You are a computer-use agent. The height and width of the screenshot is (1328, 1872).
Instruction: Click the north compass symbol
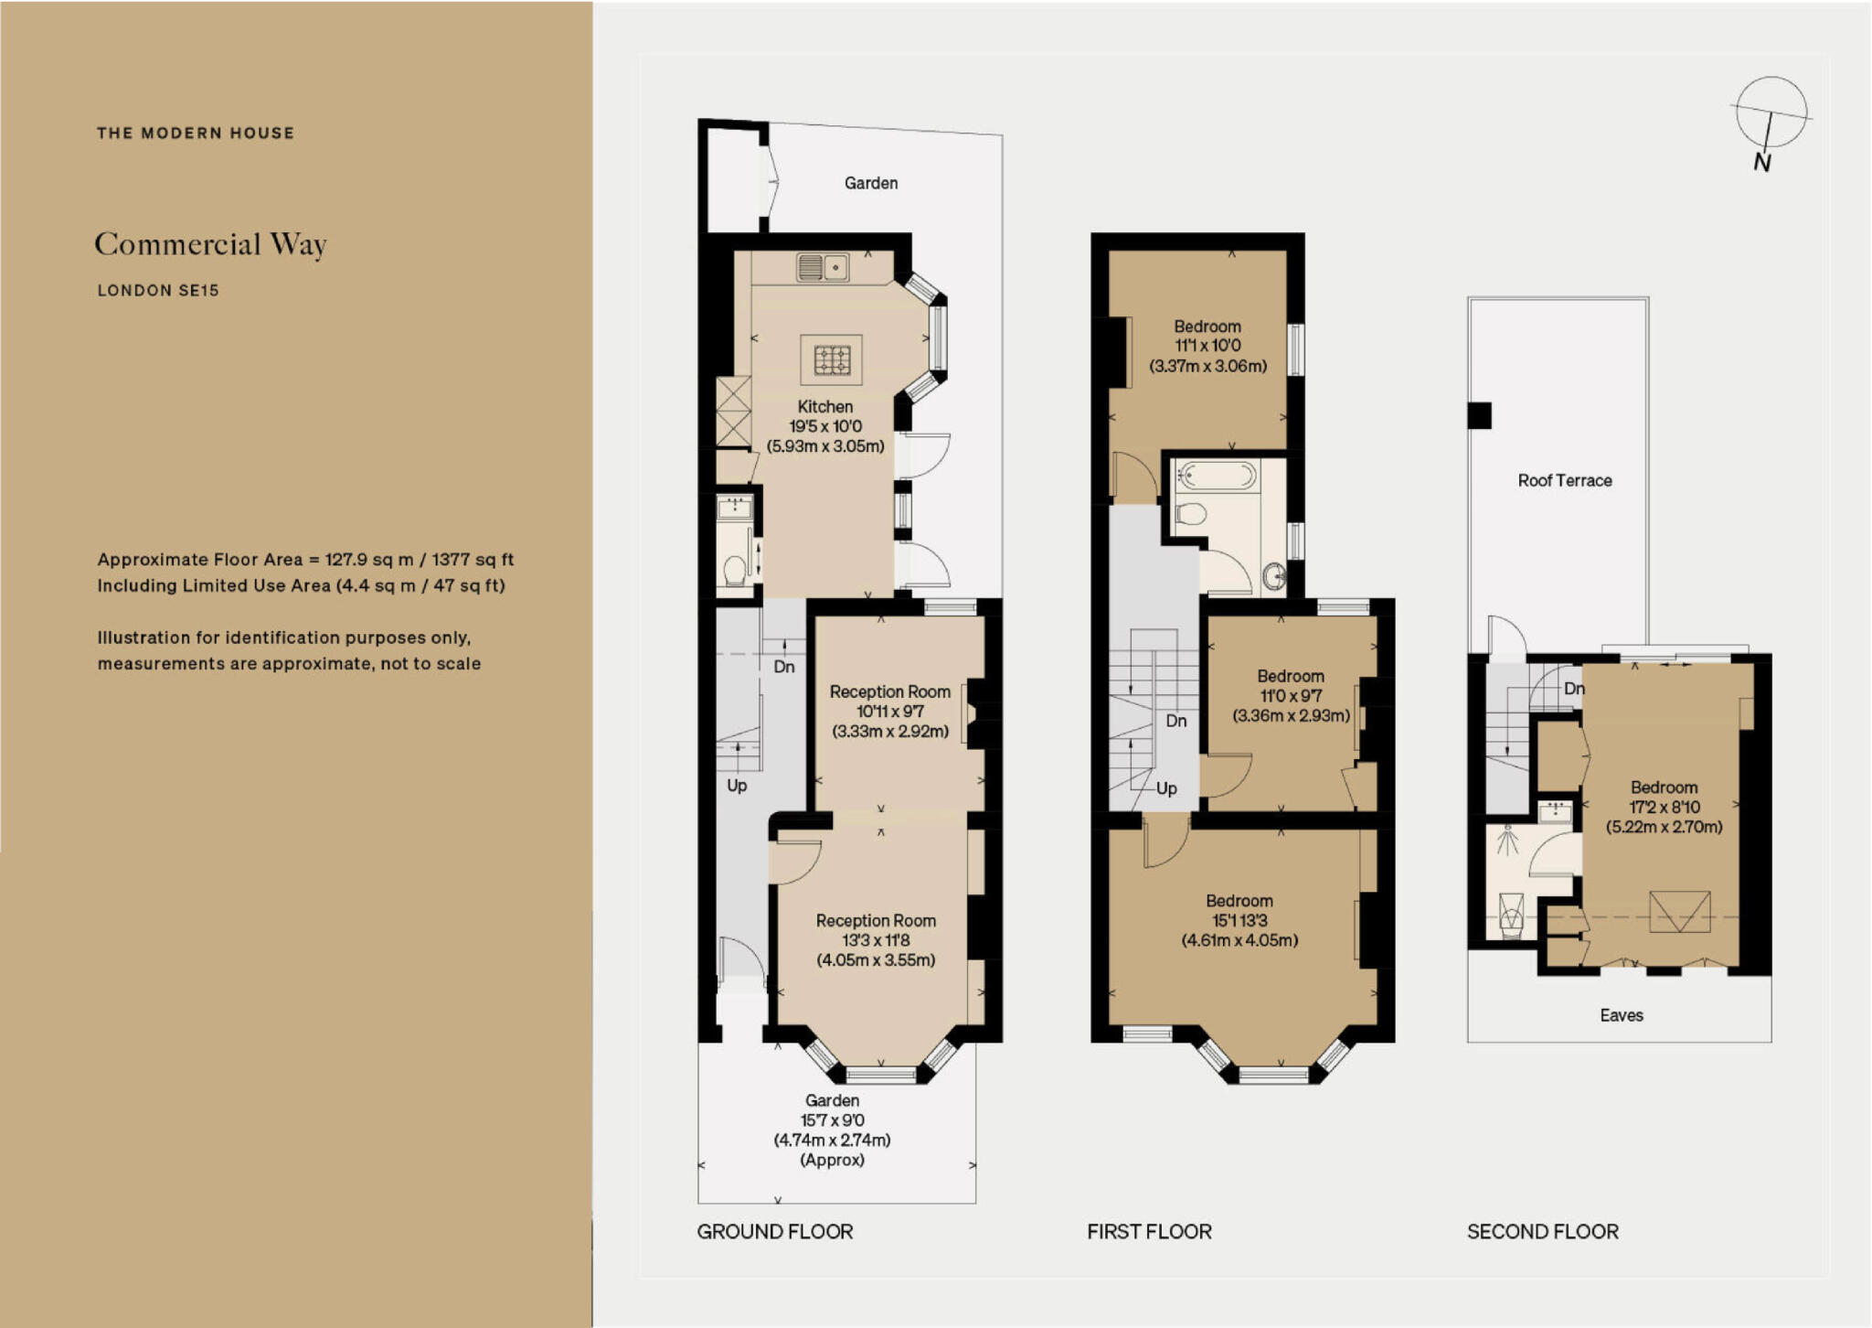tap(1771, 115)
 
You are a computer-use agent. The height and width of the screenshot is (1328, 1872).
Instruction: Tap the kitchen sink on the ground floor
tap(823, 267)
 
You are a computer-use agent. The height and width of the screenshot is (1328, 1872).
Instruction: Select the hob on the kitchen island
tap(832, 359)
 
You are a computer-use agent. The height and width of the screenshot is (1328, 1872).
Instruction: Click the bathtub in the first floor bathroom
tap(1217, 476)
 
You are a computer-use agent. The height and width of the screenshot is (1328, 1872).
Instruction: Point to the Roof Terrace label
tap(1564, 480)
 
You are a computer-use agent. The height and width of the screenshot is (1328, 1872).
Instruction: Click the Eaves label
tap(1621, 1014)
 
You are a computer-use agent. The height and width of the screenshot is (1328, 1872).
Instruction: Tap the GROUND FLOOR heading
tap(774, 1231)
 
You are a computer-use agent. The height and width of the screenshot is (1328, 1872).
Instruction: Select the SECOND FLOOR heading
tap(1542, 1231)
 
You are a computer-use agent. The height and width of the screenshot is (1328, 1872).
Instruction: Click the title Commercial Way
tap(210, 244)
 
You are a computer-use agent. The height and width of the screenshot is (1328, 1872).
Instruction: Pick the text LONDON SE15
tap(158, 290)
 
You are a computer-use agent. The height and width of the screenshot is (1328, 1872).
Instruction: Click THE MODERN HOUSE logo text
tap(196, 133)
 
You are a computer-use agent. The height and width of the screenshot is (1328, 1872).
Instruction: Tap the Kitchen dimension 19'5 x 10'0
tap(825, 426)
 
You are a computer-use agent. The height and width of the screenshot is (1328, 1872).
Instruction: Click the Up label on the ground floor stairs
tap(737, 785)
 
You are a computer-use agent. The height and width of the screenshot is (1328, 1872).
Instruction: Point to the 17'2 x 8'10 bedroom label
tap(1664, 807)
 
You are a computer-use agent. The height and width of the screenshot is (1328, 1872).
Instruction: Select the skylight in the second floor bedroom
tap(1679, 912)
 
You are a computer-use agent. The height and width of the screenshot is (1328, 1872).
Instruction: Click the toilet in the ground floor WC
tap(734, 572)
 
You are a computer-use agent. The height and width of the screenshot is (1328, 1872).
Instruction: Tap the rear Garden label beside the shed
tap(870, 183)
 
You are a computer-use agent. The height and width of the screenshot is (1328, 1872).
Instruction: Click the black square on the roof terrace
tap(1479, 415)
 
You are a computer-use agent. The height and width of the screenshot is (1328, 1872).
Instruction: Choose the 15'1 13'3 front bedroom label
tap(1239, 920)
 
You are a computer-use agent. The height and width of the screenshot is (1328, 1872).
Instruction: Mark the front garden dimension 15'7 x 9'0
tap(832, 1119)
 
